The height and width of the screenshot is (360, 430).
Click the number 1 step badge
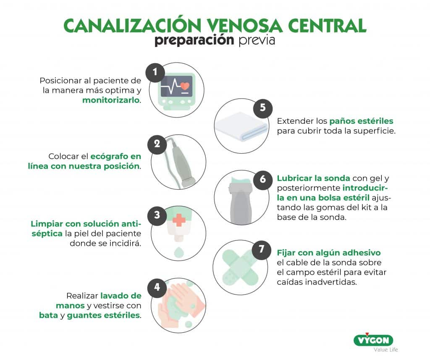click(155, 72)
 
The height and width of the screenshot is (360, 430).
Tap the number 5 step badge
click(263, 108)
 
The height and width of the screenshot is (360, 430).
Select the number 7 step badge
click(261, 249)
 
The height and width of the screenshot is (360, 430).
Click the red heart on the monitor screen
click(185, 86)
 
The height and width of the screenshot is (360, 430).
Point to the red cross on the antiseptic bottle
click(178, 220)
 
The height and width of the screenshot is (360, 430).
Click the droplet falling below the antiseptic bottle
click(178, 252)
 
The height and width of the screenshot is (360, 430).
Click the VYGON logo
click(373, 340)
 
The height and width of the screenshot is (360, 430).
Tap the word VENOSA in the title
click(244, 26)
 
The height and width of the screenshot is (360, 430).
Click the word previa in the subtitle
click(257, 41)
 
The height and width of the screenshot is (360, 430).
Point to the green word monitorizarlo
click(111, 100)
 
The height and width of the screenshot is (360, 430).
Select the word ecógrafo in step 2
click(109, 157)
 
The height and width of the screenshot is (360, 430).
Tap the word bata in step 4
click(48, 316)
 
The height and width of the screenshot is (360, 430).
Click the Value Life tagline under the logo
click(385, 350)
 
